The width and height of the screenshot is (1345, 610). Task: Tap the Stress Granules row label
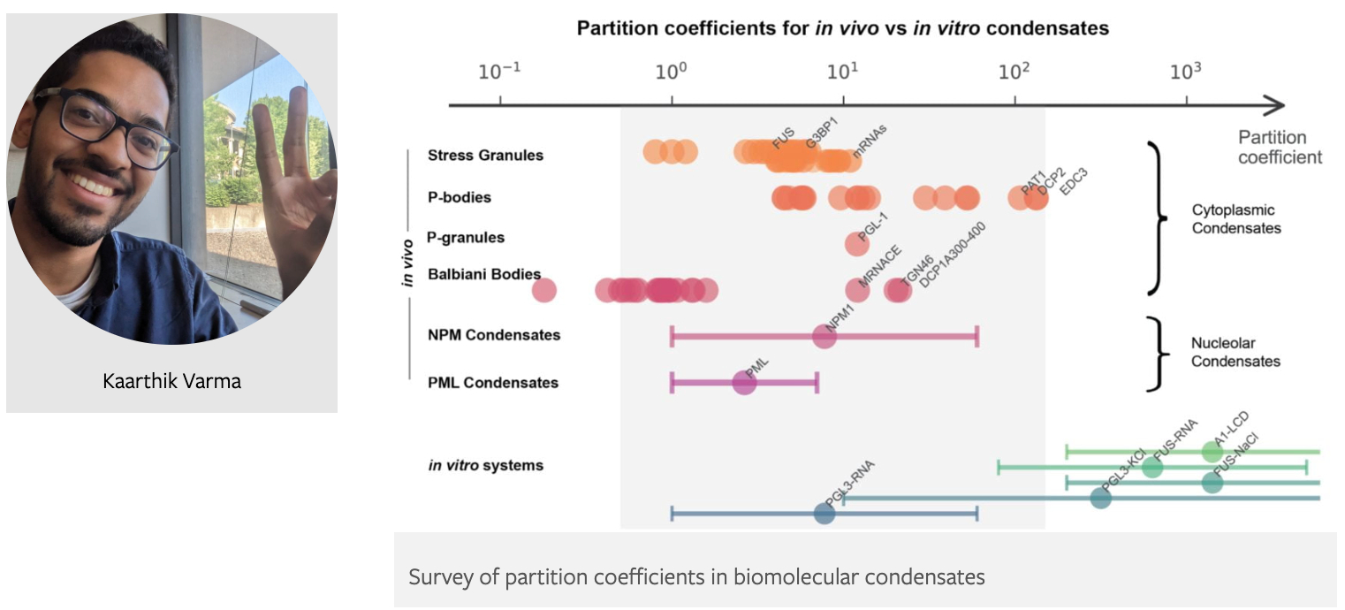coord(485,156)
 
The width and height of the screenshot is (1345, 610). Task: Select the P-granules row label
coord(466,238)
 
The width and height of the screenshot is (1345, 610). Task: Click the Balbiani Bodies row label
coord(484,275)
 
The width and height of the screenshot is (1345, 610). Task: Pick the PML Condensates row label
coord(493,383)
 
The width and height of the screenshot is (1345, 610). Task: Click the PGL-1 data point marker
coord(856,243)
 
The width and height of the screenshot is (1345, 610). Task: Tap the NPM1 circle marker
coord(824,337)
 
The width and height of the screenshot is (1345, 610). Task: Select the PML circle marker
coord(745,383)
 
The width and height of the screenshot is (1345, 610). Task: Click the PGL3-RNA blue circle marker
coord(824,513)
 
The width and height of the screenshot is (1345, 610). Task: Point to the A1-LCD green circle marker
coord(1212,452)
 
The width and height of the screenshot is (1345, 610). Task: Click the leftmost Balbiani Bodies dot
coord(544,289)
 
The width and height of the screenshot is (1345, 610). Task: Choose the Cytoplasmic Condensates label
coord(1236,219)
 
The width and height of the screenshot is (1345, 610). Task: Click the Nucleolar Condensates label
coord(1235,352)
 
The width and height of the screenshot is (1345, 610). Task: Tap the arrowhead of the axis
coord(1276,106)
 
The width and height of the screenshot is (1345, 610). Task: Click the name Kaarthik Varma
coord(171,382)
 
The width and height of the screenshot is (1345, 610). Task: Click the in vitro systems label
coord(485,465)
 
